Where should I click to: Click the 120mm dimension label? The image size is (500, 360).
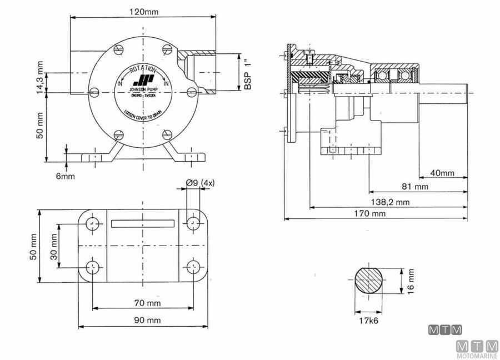143,11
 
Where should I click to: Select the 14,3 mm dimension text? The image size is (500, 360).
40,77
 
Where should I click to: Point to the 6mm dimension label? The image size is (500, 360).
65,176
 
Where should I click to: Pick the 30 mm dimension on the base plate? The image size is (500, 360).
54,246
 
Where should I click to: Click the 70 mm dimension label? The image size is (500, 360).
147,303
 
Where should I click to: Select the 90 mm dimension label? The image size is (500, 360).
147,320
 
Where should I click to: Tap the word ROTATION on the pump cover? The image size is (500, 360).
143,68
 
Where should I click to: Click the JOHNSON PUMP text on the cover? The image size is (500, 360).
143,89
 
